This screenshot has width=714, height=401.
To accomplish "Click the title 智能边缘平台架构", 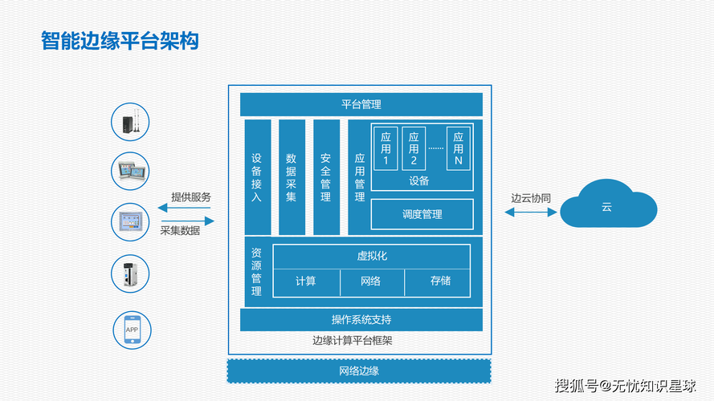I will (120, 41).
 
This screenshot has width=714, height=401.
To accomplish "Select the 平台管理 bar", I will (361, 104).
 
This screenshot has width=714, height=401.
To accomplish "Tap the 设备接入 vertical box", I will (257, 177).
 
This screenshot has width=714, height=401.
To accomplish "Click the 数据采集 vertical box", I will (292, 177).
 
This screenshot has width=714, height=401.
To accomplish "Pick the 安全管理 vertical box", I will (326, 177).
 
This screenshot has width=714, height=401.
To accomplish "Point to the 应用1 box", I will (386, 148).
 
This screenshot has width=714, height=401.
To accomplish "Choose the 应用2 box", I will (414, 148).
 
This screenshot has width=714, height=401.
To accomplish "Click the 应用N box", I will (458, 148).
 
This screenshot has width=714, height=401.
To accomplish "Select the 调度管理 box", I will (422, 214).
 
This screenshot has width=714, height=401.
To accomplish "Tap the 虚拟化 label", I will (372, 256).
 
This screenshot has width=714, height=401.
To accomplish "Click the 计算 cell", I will (306, 281).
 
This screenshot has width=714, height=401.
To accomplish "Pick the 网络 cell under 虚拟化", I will (371, 281).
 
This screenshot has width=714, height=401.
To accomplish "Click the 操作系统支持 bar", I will (361, 319).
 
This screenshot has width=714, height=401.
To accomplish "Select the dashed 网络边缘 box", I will (359, 371).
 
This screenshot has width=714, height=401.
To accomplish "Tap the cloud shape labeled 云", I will (608, 208).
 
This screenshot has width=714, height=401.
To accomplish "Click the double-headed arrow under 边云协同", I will (530, 212).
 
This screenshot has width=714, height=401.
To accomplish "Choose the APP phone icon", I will (131, 330).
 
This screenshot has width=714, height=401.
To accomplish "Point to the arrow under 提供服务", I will (186, 208).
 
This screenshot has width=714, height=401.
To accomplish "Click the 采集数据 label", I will (180, 231).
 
